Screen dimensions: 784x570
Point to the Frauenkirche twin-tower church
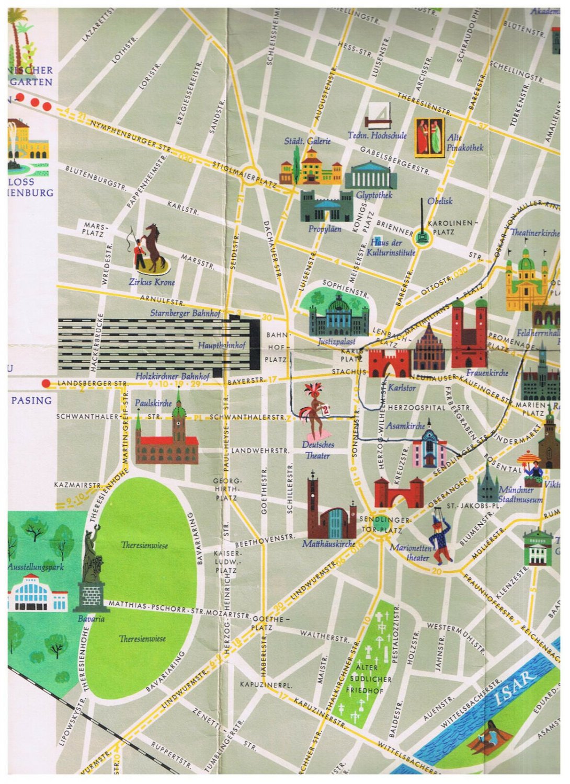469,335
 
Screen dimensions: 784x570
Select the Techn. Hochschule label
377,135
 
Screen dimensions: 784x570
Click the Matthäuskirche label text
328,544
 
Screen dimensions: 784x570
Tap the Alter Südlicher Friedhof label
368,679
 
